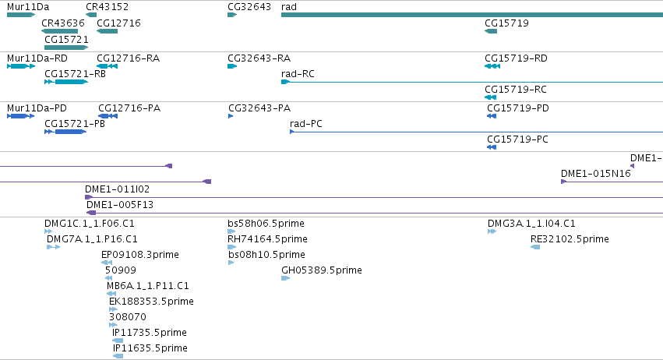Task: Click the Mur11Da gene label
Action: [28, 7]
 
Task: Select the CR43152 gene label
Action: [107, 7]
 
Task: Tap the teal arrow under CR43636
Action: [60, 31]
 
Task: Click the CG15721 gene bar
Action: [66, 48]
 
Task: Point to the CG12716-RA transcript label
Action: [128, 58]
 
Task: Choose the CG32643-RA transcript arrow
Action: [232, 66]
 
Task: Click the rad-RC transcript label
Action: [298, 74]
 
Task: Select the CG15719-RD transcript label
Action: [516, 58]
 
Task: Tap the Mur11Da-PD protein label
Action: [37, 108]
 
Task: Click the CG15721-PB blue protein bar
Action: [65, 132]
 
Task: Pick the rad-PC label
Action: [305, 124]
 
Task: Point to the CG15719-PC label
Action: [517, 139]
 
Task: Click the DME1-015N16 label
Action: [596, 174]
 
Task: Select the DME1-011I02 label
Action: [117, 189]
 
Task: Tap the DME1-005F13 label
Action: [120, 205]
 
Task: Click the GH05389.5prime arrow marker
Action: [285, 278]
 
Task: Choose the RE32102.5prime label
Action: [570, 239]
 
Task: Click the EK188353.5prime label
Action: [151, 302]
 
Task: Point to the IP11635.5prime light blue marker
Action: [118, 356]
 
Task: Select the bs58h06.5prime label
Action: [266, 224]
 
